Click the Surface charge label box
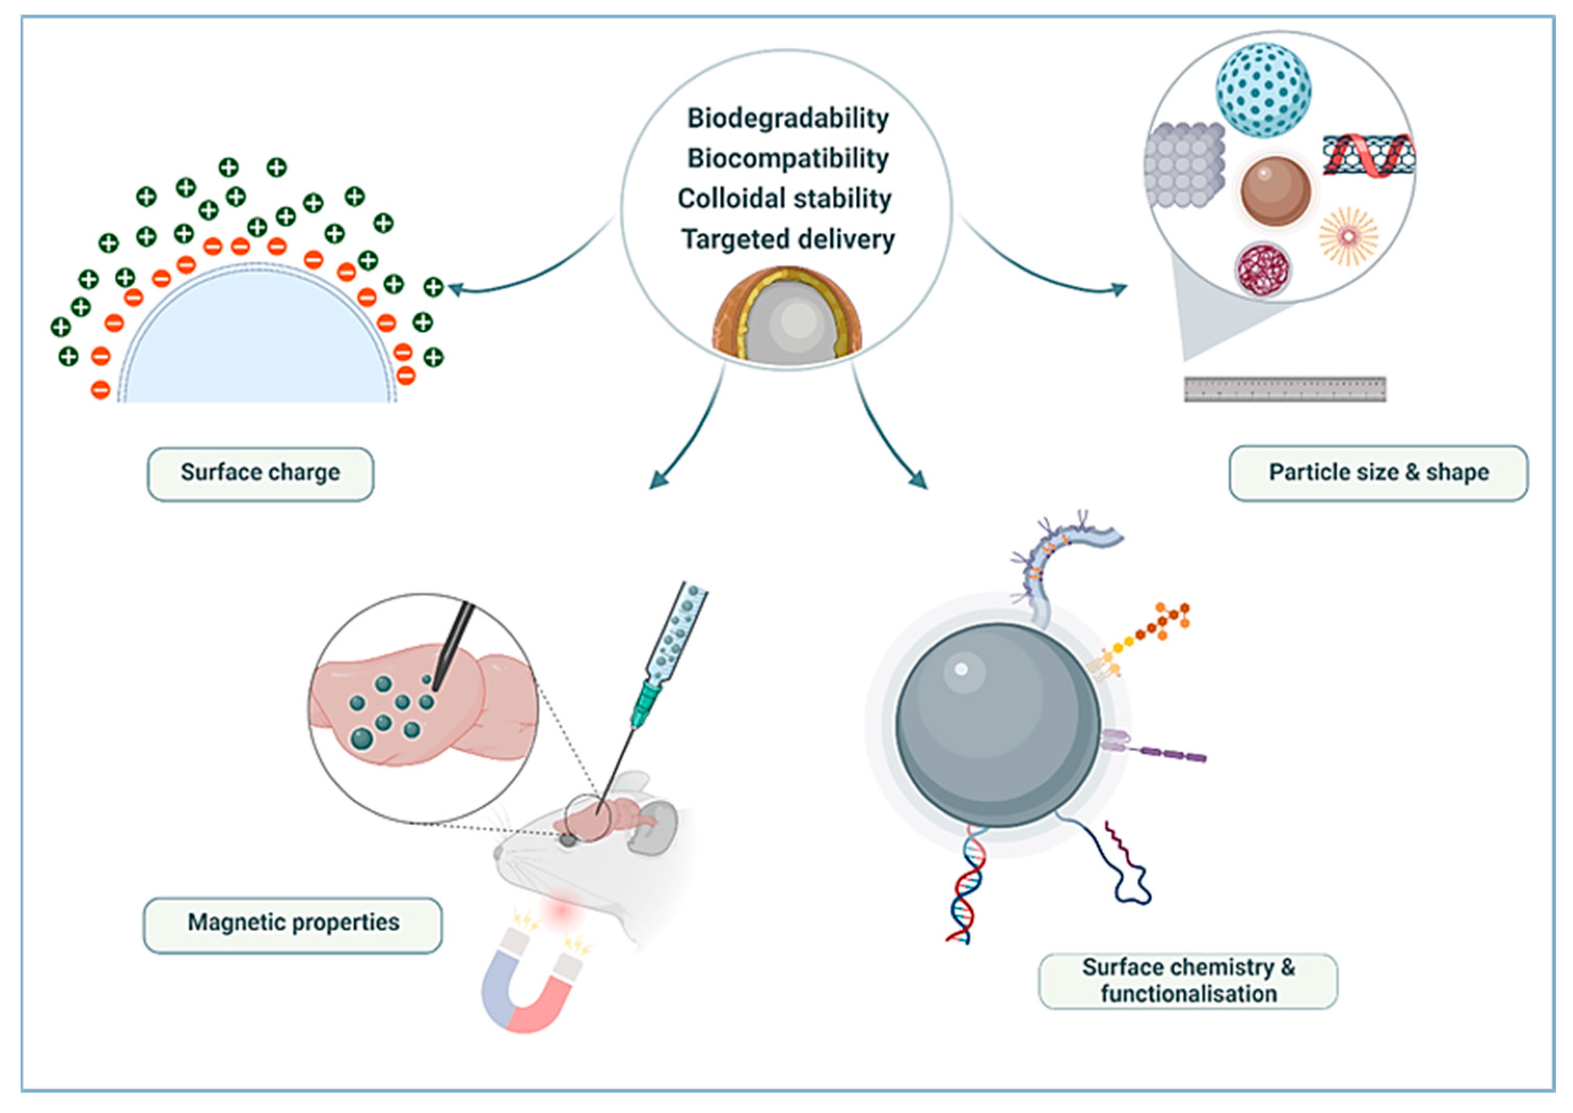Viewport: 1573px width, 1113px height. tap(260, 473)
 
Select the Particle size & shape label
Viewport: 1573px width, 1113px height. tap(1378, 473)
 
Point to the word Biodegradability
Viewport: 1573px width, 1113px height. tap(787, 118)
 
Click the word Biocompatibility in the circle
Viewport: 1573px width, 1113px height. tap(787, 158)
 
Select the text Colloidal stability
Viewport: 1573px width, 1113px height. tap(785, 199)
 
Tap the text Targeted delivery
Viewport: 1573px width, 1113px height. tap(787, 239)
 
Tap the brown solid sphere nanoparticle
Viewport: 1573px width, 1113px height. tap(1275, 191)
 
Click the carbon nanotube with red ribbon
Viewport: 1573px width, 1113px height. tap(1368, 155)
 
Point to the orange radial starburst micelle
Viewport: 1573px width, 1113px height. tap(1348, 236)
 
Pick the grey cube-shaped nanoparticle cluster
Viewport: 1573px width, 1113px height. tap(1183, 165)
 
